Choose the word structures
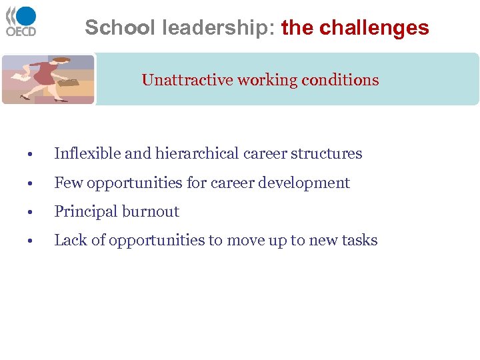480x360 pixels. pos(329,154)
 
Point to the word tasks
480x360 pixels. pos(360,241)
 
